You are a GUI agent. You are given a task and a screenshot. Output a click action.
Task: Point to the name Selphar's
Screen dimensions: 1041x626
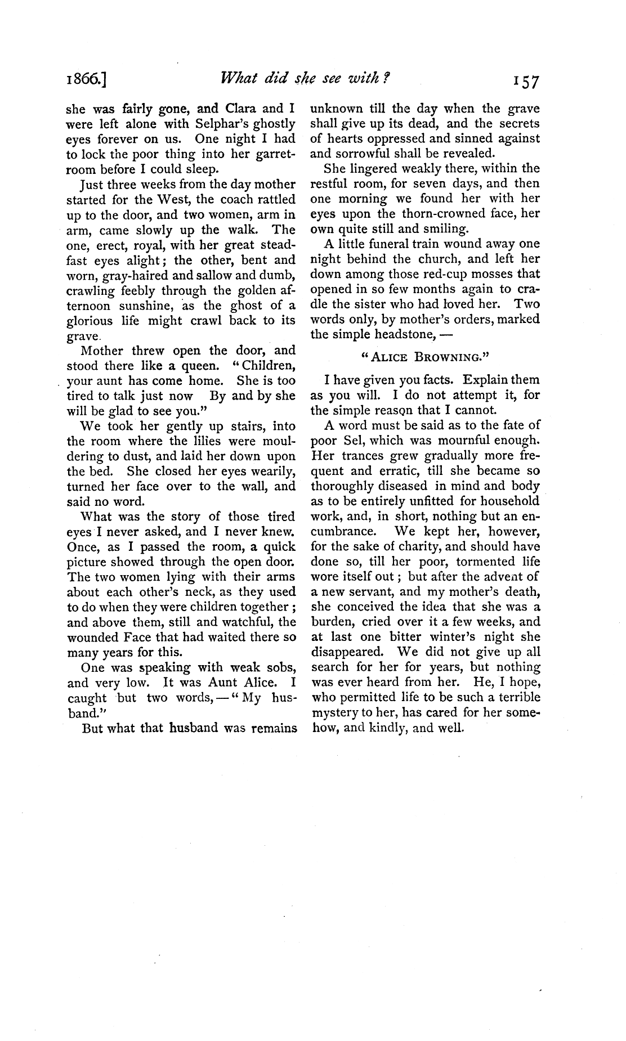(x=226, y=123)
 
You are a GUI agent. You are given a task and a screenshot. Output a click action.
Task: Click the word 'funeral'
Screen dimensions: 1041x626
(x=383, y=244)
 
